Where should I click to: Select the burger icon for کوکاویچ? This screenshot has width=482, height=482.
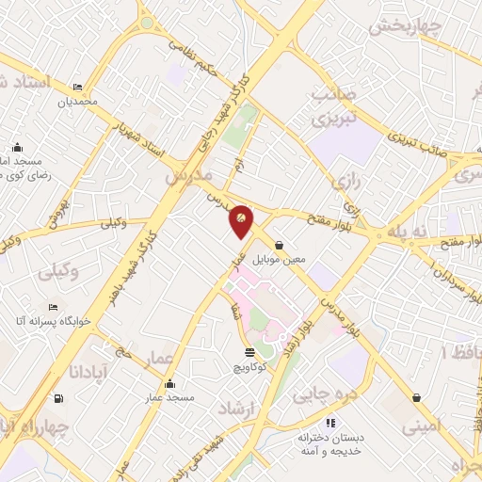pos(248,353)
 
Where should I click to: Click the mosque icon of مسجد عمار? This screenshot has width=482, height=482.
pos(169,384)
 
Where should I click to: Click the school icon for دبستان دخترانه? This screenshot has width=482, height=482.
pos(329,423)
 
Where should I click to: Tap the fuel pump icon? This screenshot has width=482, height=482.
pos(60,397)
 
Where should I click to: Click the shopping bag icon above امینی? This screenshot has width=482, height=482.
pos(416,397)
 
